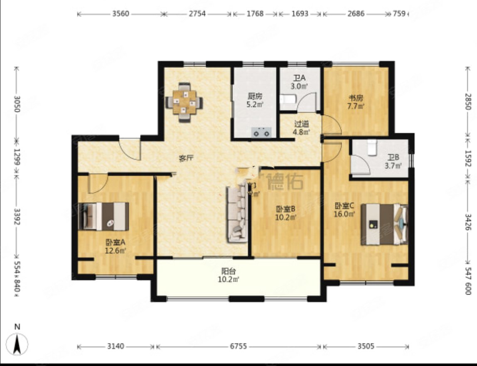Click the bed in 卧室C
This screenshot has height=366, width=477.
pos(384,224)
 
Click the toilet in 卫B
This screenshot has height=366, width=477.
pos(371,146)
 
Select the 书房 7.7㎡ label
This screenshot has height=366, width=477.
pos(356,102)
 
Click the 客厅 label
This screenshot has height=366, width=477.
pos(187,158)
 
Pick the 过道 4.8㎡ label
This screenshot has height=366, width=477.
pos(302,128)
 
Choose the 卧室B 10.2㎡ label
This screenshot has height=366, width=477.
pos(285,213)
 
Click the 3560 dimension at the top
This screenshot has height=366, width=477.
pos(121,14)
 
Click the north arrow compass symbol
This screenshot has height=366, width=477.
pos(17,343)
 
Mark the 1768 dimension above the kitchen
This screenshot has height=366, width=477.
pos(255,14)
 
